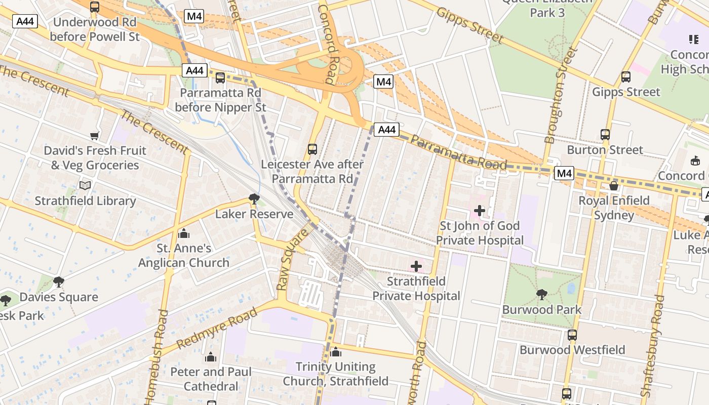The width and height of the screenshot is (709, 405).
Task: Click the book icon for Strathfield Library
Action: (x=85, y=185)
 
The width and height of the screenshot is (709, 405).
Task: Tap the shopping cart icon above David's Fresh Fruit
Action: (x=94, y=136)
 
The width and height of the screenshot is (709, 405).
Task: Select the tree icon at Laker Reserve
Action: (x=254, y=198)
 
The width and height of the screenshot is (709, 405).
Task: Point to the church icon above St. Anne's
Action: (x=184, y=233)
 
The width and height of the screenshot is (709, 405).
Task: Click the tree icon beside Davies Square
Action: (x=59, y=281)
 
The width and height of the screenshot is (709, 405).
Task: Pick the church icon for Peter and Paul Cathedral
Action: (x=211, y=357)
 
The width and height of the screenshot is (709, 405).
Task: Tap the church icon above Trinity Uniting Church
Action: (x=335, y=352)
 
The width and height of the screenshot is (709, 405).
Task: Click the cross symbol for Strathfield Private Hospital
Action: (x=416, y=266)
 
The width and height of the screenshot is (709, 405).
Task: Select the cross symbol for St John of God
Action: (x=480, y=210)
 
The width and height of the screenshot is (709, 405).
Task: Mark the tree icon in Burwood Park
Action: (x=541, y=294)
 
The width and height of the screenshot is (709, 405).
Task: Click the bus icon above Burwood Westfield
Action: (x=572, y=335)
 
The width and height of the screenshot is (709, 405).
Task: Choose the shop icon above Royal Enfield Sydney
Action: (x=614, y=185)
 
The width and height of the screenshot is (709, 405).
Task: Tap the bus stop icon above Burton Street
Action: (x=605, y=135)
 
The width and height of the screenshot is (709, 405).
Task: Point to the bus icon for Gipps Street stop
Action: (x=626, y=77)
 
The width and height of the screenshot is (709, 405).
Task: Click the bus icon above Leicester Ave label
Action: (x=312, y=149)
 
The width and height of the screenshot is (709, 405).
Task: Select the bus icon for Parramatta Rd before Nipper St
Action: (x=220, y=78)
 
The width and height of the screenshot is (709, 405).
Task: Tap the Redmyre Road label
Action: (x=217, y=328)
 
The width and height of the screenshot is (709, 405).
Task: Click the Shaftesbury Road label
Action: (x=652, y=346)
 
